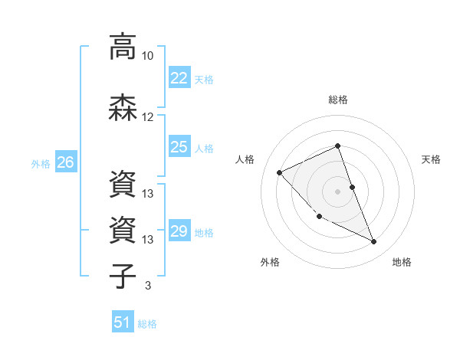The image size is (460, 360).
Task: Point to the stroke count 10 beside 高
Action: [148, 56]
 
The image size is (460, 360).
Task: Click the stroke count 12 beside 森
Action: [148, 117]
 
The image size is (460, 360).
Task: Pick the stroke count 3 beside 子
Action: [148, 286]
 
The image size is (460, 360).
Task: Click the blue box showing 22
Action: [179, 78]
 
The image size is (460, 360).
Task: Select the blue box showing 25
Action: [179, 147]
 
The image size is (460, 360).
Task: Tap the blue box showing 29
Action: [179, 231]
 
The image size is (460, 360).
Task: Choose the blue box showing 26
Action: [66, 162]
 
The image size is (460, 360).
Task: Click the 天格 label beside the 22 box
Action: [204, 79]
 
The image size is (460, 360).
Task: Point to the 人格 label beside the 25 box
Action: [204, 148]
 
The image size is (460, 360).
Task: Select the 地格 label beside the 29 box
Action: [204, 232]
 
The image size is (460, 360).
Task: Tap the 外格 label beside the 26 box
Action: [41, 163]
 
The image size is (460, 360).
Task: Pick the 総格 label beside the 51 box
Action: [147, 323]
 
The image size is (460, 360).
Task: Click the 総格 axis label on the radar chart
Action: [337, 100]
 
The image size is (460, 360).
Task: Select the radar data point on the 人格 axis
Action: [280, 172]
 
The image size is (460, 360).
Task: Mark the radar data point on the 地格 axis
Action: [374, 242]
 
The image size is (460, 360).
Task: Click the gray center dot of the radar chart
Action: [337, 191]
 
